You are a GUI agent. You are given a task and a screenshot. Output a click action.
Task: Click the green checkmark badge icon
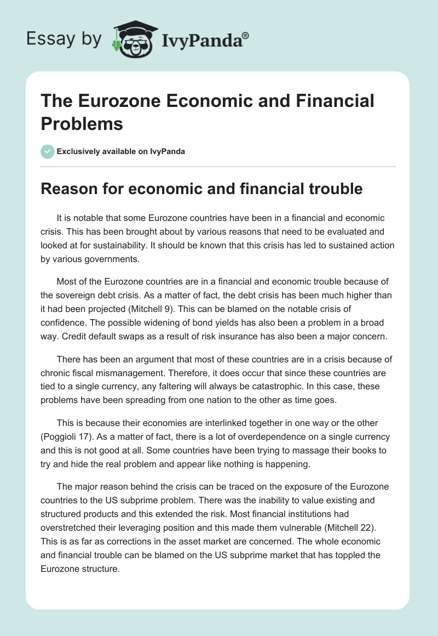(x=48, y=151)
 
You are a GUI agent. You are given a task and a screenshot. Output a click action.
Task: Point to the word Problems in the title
(x=82, y=123)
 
